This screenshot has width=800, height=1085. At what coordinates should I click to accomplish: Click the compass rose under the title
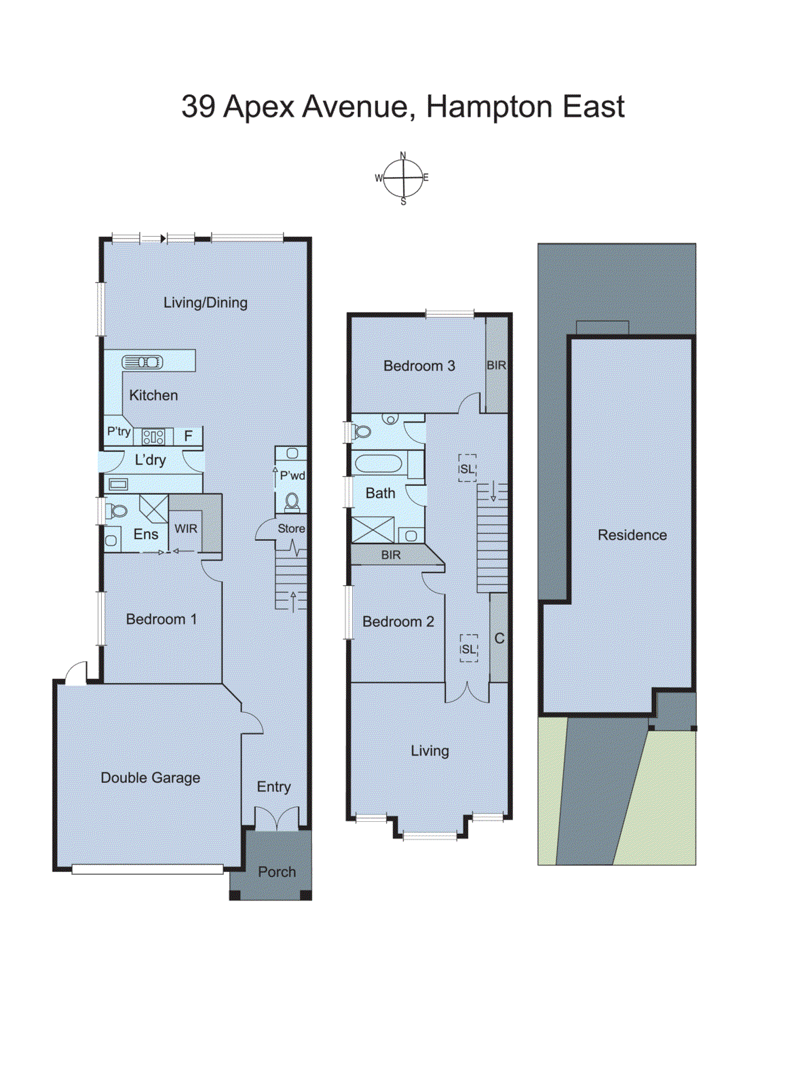point(403,178)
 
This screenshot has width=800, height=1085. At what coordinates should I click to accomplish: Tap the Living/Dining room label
point(205,303)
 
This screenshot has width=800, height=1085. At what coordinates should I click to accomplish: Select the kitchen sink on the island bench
point(142,362)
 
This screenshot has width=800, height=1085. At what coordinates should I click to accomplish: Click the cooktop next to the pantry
point(153,437)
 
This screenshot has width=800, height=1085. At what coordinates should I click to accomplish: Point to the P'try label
point(118,431)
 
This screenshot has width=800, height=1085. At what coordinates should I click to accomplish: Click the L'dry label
point(150,460)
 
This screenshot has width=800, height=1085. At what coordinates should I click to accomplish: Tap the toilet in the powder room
point(292,502)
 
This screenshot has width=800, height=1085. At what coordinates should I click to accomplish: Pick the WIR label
point(186,529)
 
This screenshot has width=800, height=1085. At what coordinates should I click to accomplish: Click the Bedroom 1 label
point(161,619)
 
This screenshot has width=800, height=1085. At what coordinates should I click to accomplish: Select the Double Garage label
point(150,778)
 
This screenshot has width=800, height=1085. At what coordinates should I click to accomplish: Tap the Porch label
point(277,872)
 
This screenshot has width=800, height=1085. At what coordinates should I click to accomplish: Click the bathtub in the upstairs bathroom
point(379,464)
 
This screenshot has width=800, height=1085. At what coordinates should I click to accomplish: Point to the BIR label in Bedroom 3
point(496,366)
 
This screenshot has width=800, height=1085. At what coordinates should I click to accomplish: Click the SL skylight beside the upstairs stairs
point(468,469)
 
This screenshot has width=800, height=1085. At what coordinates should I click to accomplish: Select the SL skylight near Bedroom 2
point(469,649)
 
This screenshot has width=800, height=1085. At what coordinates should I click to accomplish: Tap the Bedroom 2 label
point(398,622)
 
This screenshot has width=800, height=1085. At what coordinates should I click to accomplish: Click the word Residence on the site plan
point(632,535)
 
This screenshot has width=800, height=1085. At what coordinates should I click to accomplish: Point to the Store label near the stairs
point(291,529)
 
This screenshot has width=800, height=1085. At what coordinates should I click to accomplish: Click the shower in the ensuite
point(153,507)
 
